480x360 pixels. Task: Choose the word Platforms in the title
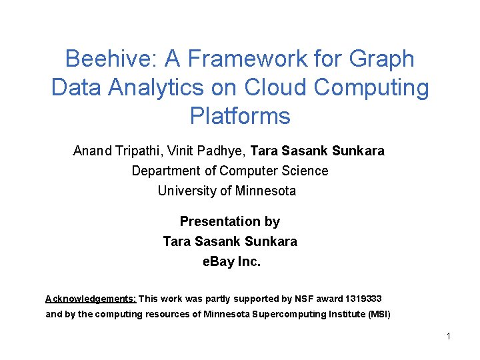[x=240, y=117]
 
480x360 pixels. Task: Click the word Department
[x=166, y=171]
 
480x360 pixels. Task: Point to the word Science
[x=303, y=171]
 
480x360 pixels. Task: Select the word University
[x=186, y=191]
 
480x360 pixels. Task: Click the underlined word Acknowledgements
[x=91, y=299]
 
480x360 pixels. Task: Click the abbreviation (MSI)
[x=379, y=314]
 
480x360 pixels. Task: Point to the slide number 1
[x=449, y=336]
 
